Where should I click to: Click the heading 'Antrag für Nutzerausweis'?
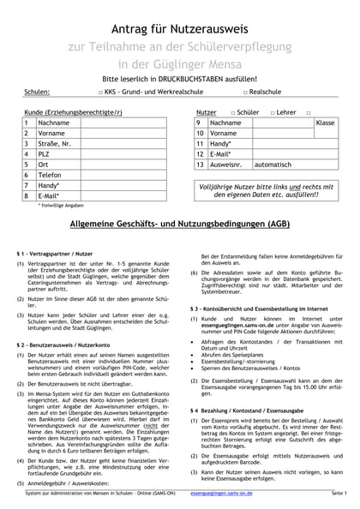coord(180,20)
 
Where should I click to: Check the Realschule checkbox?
coord(245,90)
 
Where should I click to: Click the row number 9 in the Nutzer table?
coord(199,123)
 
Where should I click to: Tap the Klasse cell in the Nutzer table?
coord(325,123)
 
